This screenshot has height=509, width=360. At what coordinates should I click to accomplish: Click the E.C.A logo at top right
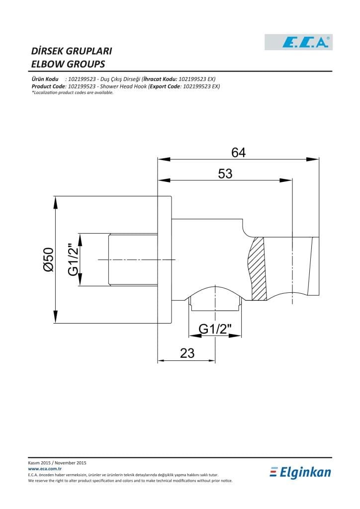[x=299, y=42]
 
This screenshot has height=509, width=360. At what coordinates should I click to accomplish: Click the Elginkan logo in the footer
[x=300, y=472]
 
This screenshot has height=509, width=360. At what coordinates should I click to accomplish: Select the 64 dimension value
[x=239, y=152]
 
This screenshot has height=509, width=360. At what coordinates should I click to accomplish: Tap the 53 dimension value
[x=225, y=173]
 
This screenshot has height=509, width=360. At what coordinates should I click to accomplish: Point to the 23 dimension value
[x=187, y=353]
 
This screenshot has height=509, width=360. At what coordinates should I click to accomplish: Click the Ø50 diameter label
[x=49, y=259]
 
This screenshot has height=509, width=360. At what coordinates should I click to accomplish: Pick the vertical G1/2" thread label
[x=74, y=259]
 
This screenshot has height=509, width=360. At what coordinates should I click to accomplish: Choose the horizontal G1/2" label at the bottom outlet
[x=215, y=329]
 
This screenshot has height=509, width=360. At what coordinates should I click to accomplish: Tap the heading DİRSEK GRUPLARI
[x=72, y=51]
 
